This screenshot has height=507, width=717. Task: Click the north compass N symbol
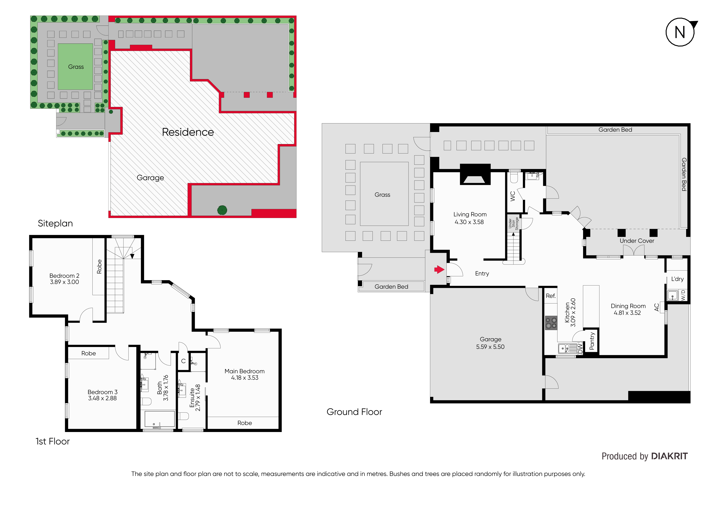(680, 32)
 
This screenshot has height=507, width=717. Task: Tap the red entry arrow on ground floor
(439, 269)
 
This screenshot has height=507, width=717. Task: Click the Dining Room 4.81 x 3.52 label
(628, 309)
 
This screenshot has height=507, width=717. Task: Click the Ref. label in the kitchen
(551, 296)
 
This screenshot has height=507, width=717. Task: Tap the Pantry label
(592, 341)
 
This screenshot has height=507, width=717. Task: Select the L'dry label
(677, 279)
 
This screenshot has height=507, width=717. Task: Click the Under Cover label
(637, 241)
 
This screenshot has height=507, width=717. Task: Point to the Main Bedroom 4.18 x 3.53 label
(245, 374)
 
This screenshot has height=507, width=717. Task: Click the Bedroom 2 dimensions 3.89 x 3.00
(65, 282)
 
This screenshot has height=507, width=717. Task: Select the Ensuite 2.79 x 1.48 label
(195, 397)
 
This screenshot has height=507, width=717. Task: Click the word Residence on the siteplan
(188, 132)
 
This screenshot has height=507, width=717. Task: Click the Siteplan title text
(55, 223)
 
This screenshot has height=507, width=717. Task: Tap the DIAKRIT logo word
(669, 457)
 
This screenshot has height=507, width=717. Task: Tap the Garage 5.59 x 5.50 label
(490, 343)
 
